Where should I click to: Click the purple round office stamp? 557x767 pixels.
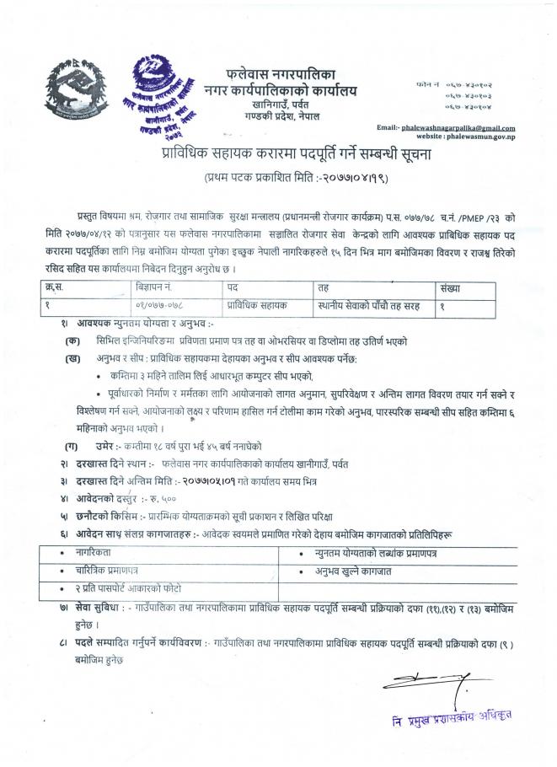tap(167, 94)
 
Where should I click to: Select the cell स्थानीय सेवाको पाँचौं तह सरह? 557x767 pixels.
tap(369, 305)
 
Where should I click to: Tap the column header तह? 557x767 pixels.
tap(324, 288)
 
